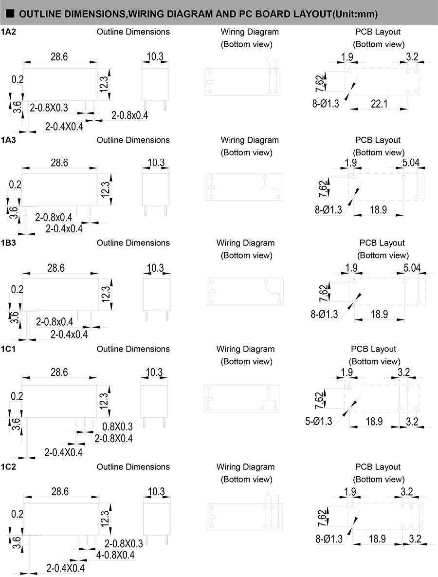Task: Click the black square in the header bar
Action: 10,14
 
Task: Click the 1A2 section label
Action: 8,32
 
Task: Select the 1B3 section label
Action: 8,243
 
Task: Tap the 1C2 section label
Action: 8,467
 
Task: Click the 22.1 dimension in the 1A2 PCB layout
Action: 379,104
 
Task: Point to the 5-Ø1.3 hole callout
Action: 318,421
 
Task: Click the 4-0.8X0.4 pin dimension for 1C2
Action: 115,555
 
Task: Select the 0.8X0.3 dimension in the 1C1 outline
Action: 117,427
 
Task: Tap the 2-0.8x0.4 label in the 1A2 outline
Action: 130,115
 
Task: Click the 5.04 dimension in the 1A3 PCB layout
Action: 411,162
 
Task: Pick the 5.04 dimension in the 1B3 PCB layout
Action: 412,267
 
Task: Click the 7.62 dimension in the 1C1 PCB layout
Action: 319,400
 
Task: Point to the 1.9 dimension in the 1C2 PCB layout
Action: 350,492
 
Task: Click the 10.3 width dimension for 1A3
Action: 156,162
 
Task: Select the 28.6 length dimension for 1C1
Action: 59,372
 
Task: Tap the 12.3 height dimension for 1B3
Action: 106,294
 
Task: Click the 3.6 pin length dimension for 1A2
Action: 17,108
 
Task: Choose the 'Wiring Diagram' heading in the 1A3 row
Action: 250,140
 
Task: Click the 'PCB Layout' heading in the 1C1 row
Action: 374,349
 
